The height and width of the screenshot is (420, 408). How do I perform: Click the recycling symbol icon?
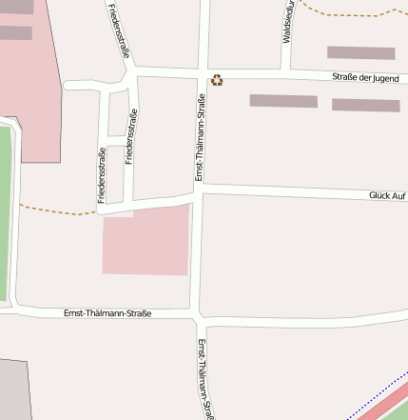[217, 81]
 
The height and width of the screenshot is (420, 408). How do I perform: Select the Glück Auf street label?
[388, 195]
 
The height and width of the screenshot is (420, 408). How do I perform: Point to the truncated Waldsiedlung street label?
[287, 21]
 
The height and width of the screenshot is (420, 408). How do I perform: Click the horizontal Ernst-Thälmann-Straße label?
[107, 312]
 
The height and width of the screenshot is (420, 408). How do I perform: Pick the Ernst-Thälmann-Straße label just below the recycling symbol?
[201, 136]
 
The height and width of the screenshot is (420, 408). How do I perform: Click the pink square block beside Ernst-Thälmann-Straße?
[146, 239]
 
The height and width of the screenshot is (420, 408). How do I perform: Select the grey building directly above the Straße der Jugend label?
[360, 53]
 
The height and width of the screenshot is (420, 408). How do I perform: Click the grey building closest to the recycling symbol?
[282, 101]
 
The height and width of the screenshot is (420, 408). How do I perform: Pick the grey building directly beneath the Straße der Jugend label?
[365, 105]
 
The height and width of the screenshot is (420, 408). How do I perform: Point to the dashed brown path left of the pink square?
[57, 210]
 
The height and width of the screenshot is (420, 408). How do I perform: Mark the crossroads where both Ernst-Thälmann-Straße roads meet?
[195, 314]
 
